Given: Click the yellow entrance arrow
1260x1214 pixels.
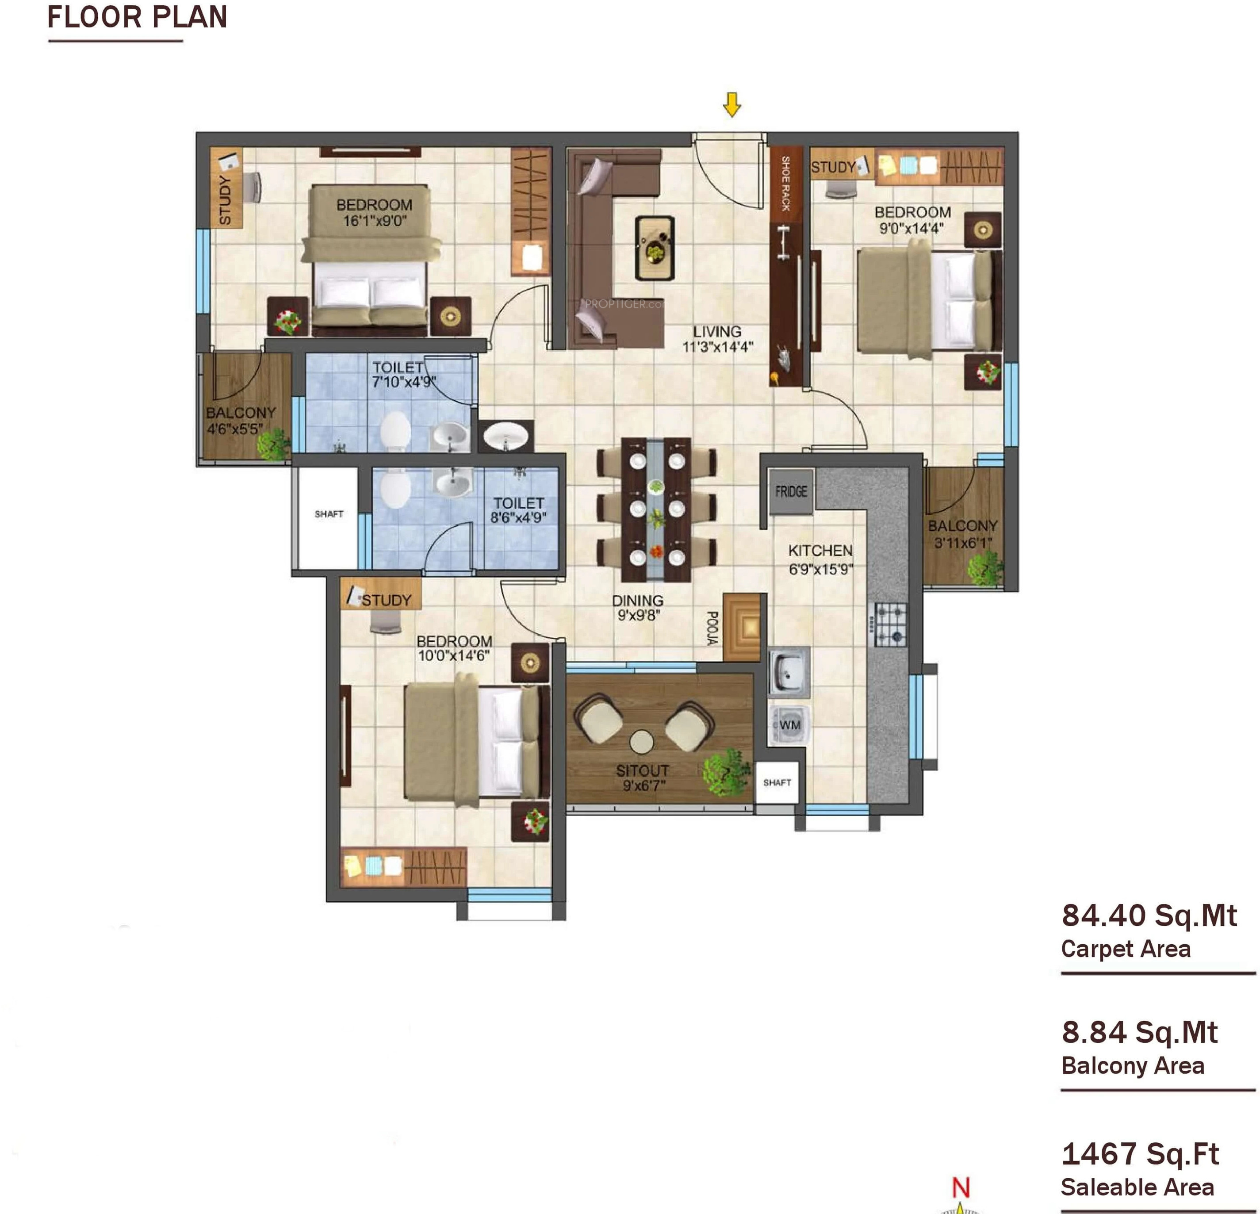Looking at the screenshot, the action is tap(731, 105).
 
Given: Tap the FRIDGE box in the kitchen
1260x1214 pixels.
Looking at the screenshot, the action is tap(791, 492).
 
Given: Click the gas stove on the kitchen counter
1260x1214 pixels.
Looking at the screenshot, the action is tap(889, 624).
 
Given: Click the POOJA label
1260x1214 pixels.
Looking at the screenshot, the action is tap(712, 628).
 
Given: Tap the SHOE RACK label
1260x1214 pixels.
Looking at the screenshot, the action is tap(785, 183).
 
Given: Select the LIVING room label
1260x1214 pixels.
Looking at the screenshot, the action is tap(717, 332).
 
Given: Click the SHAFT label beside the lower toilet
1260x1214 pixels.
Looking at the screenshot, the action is tap(329, 514).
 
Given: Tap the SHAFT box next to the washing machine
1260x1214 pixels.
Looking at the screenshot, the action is tap(777, 782).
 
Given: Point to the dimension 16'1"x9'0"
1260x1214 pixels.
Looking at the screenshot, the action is tap(375, 221).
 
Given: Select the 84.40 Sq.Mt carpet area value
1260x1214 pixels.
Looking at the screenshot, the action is tap(1149, 915).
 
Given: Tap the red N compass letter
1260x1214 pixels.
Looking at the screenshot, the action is tap(961, 1187).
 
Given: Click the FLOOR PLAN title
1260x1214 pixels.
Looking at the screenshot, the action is tap(138, 17).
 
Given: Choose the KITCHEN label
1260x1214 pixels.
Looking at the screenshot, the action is tap(820, 551).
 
